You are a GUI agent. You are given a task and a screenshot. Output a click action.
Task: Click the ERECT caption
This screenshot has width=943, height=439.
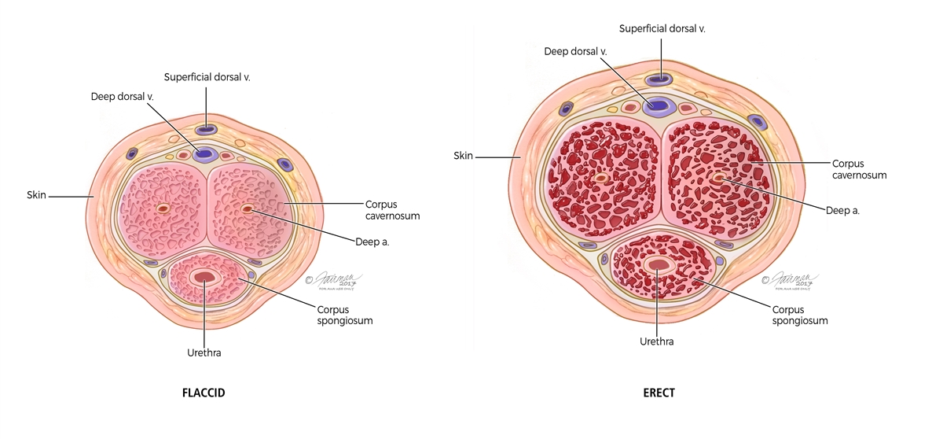[659, 392]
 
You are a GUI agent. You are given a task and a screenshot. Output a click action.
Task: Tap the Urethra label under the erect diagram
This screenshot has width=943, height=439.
[658, 341]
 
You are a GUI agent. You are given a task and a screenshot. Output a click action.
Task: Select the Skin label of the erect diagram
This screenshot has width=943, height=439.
[464, 156]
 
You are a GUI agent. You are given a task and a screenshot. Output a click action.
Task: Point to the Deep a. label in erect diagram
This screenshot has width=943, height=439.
[842, 210]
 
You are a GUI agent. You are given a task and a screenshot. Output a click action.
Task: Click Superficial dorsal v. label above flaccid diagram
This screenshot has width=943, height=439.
[207, 76]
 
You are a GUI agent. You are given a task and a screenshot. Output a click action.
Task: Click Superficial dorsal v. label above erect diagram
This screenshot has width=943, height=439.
[662, 28]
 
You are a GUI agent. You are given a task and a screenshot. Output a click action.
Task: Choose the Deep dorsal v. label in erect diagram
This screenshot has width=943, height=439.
[577, 51]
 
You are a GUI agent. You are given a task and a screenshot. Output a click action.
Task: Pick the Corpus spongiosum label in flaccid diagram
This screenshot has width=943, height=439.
[346, 315]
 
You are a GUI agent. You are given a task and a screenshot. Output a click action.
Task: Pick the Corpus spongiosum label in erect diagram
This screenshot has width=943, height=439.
[800, 315]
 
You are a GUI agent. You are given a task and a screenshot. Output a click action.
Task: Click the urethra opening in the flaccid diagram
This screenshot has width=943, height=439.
[205, 276]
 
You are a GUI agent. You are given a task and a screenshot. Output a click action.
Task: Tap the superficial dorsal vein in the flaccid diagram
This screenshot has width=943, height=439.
[207, 129]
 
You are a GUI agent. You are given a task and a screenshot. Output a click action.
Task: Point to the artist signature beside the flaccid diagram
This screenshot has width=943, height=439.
[329, 281]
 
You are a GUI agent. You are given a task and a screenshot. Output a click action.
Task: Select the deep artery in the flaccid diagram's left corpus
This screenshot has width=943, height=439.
[163, 209]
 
